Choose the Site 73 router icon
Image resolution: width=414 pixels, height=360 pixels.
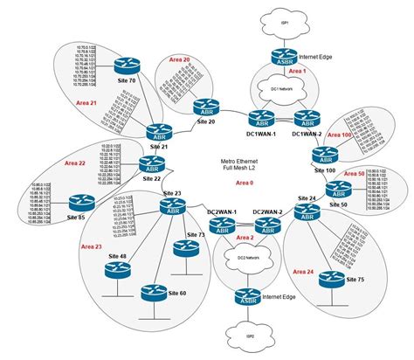(x=181, y=247)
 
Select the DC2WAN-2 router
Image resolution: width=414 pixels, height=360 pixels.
(x=267, y=225)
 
